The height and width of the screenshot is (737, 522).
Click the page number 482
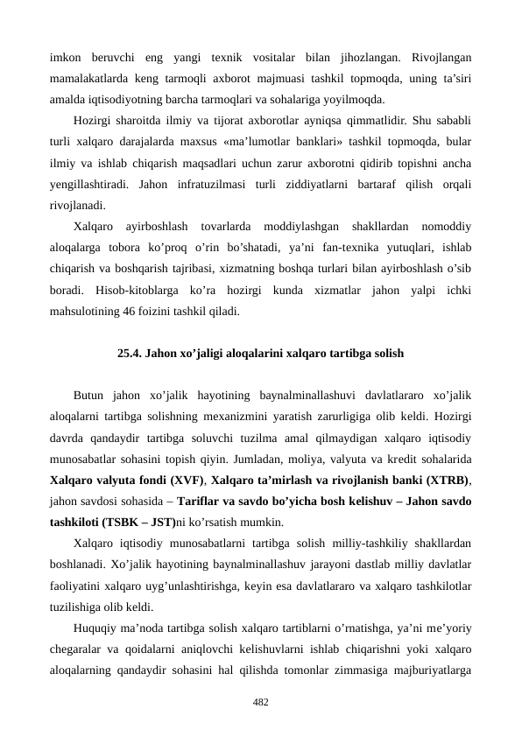[x=261, y=701]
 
